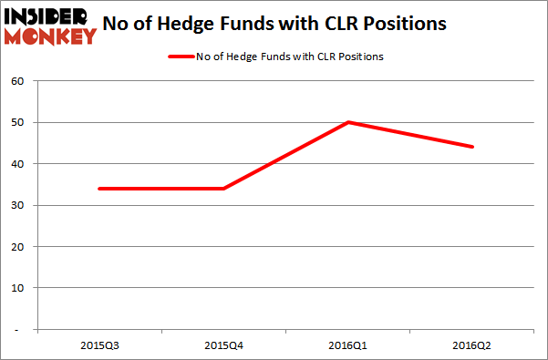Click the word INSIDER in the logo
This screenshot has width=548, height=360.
[48, 15]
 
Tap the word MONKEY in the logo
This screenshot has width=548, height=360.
[51, 36]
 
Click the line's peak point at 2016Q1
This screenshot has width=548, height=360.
[347, 122]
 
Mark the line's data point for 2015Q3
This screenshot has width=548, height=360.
[98, 189]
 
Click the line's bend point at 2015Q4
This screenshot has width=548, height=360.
[222, 189]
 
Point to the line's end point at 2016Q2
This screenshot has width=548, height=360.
[472, 147]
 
